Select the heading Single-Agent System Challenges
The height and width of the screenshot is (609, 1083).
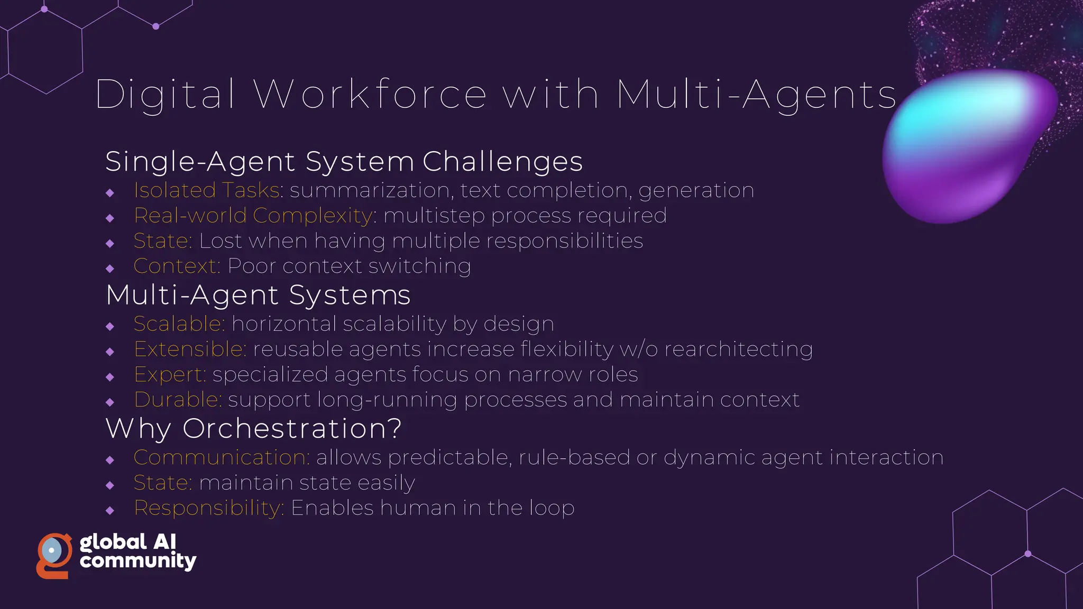pos(344,161)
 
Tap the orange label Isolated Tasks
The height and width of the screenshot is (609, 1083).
pos(207,190)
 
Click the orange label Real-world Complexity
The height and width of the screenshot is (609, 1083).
pos(254,216)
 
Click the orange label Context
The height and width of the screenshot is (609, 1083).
pos(176,266)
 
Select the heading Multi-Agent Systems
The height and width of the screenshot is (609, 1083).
pos(258,295)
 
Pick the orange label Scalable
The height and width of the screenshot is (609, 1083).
pos(179,324)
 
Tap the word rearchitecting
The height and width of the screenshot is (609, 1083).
pos(738,349)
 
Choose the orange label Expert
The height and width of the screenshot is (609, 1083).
pos(169,375)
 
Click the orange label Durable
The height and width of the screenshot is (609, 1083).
pos(178,400)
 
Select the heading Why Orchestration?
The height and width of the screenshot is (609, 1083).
pos(254,428)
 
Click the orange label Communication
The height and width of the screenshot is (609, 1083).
pos(222,458)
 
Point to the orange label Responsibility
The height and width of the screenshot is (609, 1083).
pos(209,509)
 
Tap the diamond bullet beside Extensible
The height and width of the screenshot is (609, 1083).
pos(110,352)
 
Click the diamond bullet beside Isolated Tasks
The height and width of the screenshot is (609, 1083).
pos(110,193)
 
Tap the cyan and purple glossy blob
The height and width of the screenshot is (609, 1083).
pos(968,145)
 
